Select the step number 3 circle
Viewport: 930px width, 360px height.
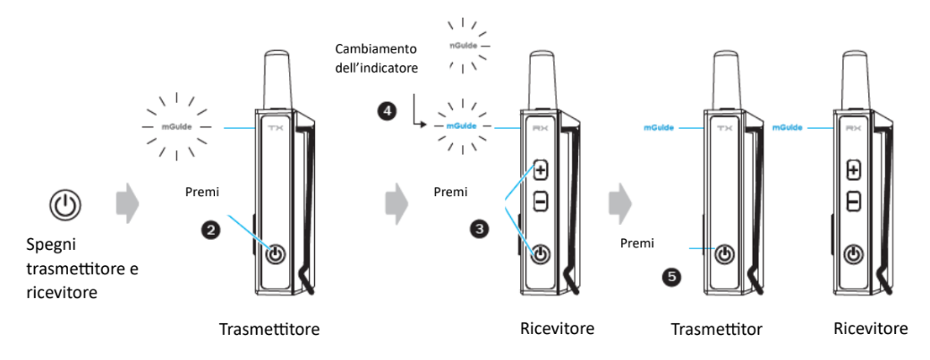point(482,229)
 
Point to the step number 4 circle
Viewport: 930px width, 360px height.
point(387,111)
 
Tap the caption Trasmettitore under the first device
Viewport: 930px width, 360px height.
point(269,330)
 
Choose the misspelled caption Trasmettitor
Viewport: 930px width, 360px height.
point(717,330)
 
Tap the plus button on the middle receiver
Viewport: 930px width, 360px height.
point(540,169)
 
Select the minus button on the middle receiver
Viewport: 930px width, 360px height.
point(540,202)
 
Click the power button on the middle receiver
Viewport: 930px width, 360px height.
point(540,255)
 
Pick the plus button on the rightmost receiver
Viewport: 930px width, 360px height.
point(853,169)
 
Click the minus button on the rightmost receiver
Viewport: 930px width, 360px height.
point(853,202)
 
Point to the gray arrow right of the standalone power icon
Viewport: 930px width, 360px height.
point(128,205)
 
